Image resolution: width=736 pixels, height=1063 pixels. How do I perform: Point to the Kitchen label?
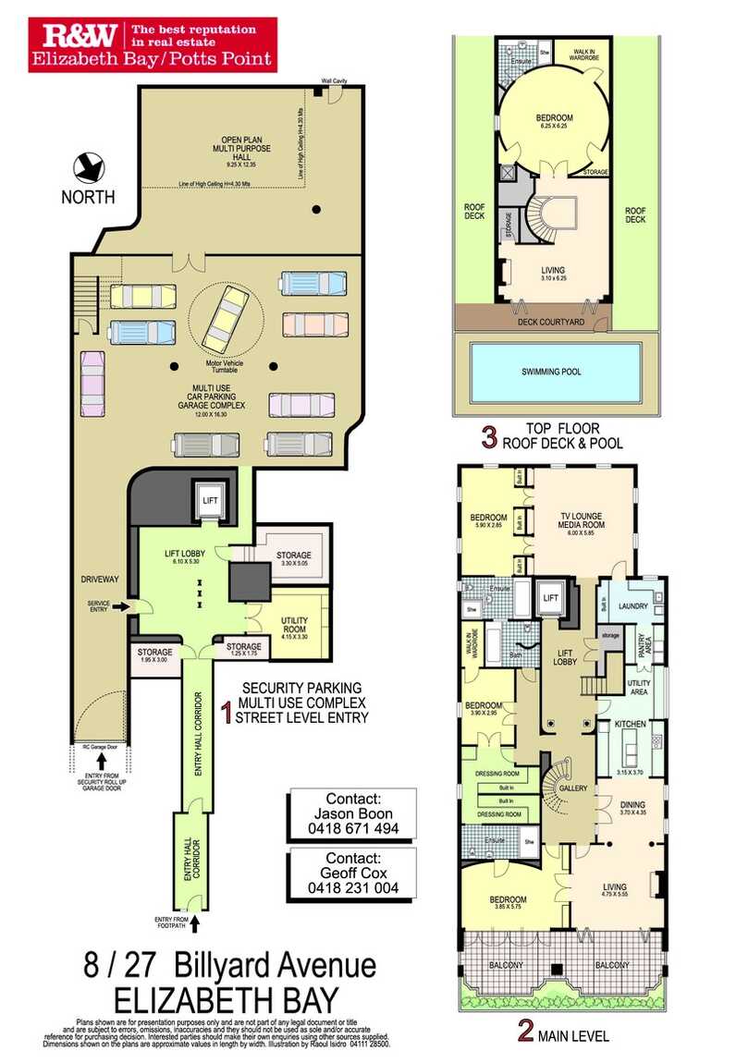pos(632,725)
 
